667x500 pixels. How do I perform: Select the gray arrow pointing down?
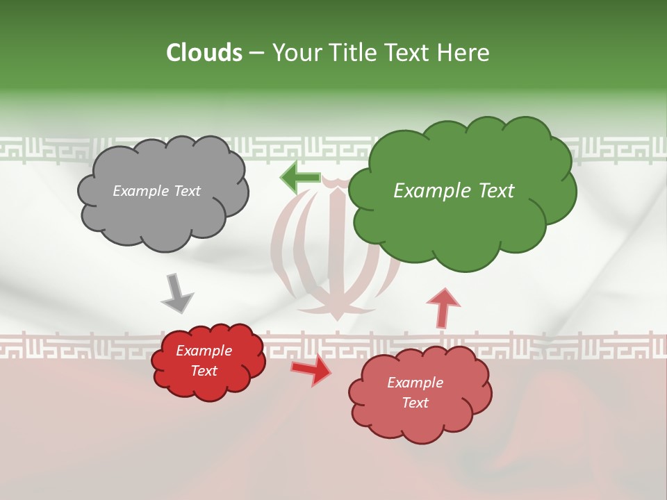[178, 292]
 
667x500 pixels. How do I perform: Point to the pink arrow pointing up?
[443, 306]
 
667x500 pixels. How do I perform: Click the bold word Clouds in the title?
[204, 53]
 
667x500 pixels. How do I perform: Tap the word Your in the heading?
[295, 53]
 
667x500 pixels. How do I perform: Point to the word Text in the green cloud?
[491, 191]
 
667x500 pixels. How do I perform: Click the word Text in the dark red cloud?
[204, 371]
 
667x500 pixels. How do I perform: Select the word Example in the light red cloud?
[415, 383]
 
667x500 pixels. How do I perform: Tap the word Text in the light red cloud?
[415, 403]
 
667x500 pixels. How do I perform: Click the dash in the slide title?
[256, 53]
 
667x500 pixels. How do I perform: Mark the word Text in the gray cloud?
[187, 191]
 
